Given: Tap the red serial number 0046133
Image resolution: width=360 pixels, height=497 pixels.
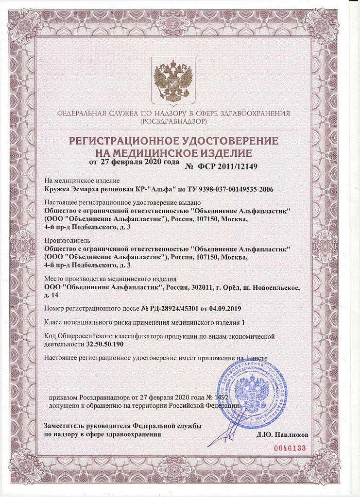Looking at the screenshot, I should click(290, 447).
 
